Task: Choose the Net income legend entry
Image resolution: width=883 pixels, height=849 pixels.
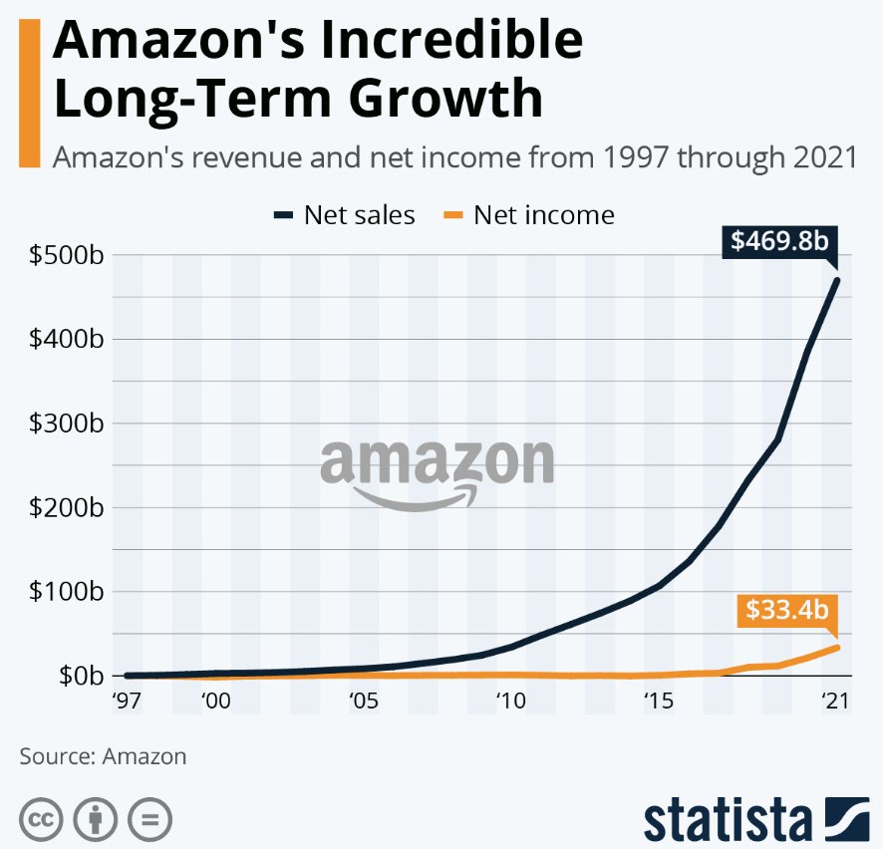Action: [530, 214]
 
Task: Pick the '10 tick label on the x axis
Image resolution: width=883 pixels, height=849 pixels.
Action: [510, 702]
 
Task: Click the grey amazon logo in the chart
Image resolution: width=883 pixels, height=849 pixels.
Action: [437, 471]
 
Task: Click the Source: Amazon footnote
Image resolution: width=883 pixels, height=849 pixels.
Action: [103, 756]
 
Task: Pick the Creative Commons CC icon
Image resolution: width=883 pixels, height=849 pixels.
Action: [41, 819]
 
